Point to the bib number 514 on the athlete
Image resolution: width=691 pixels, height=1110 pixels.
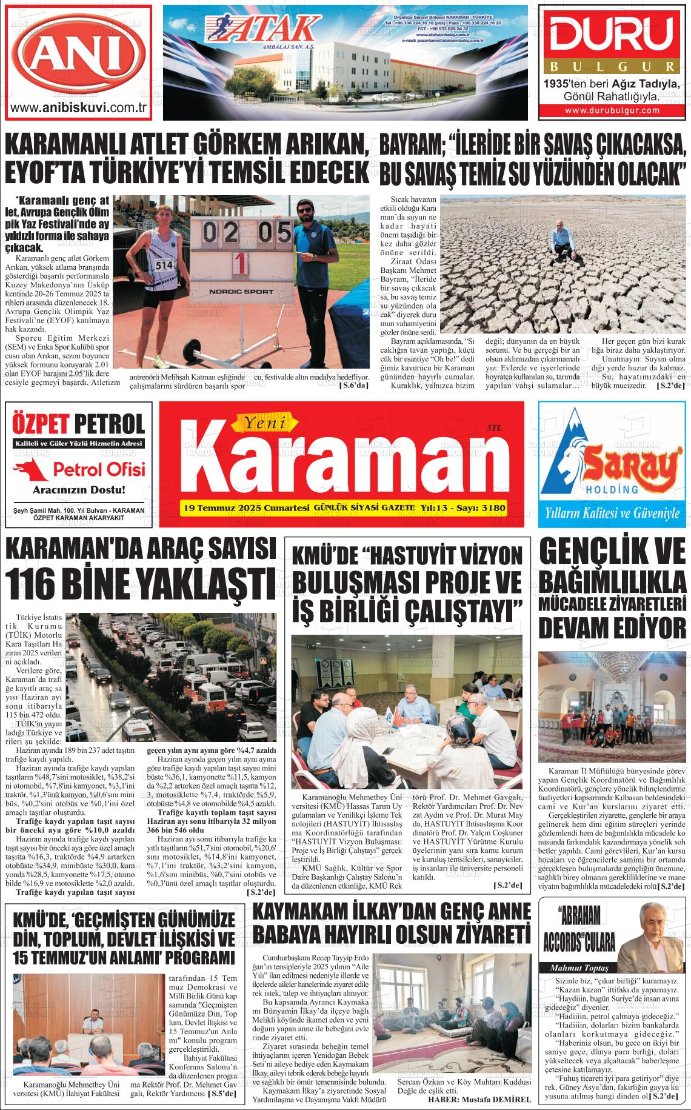[x=164, y=264]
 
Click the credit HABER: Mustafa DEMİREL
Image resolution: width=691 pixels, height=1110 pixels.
[x=479, y=1099]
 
